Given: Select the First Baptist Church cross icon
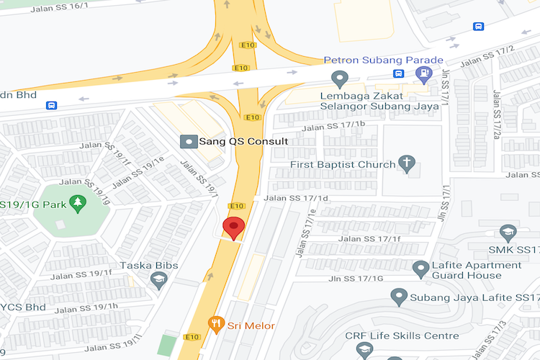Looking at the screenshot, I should (408, 163).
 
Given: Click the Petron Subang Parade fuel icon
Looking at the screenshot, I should (426, 73).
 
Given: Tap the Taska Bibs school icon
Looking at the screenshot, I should (159, 279).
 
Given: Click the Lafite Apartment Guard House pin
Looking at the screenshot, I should (421, 269).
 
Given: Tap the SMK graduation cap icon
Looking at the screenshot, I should (508, 233).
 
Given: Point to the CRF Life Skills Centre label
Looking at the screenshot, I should (402, 336).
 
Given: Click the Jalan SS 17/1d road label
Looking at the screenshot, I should (296, 198).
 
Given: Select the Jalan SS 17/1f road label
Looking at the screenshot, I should (369, 238).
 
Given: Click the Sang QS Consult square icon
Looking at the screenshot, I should (188, 141).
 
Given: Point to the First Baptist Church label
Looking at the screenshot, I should (343, 165).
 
